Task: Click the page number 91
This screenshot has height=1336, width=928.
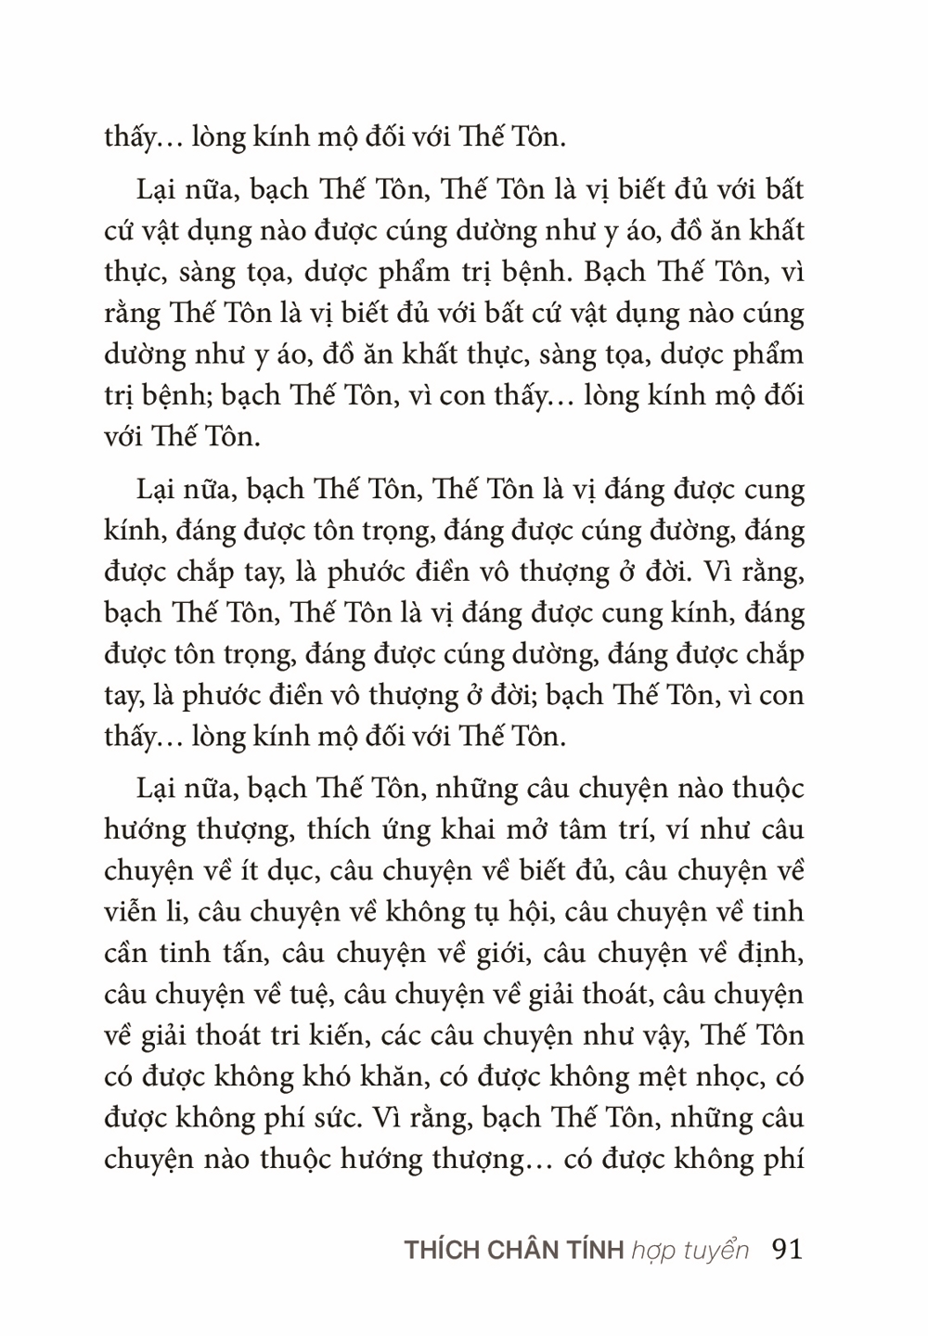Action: click(x=786, y=1249)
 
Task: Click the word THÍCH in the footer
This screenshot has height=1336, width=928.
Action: click(x=440, y=1250)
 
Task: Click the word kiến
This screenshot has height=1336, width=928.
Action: click(x=359, y=1035)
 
